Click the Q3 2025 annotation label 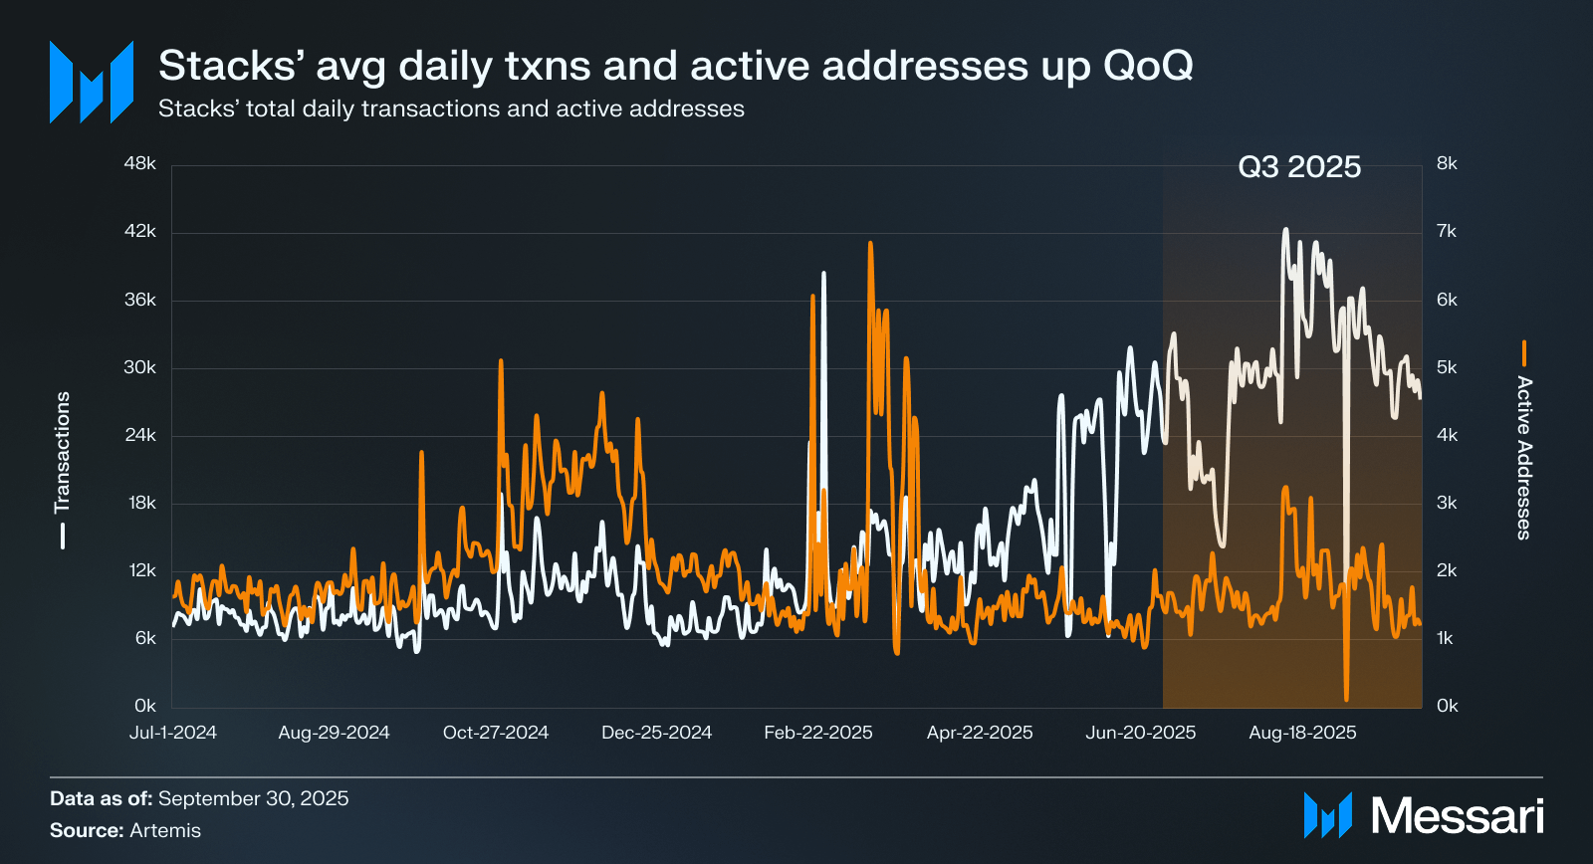point(1299,167)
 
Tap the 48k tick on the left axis point(140,163)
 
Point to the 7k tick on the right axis point(1447,232)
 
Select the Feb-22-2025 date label point(818,733)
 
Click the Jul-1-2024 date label point(173,733)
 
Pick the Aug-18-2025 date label point(1302,733)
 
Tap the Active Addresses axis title point(1523,457)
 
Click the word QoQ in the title point(1148,66)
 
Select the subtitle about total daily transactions point(451,108)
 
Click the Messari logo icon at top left point(92,83)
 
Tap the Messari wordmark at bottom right point(1457,816)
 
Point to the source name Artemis point(164,830)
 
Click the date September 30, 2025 point(253,798)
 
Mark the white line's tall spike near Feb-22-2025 point(823,274)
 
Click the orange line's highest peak point(870,244)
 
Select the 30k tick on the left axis point(140,367)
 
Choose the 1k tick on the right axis point(1446,638)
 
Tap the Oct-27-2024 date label point(496,733)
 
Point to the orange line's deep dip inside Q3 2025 point(1346,697)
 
